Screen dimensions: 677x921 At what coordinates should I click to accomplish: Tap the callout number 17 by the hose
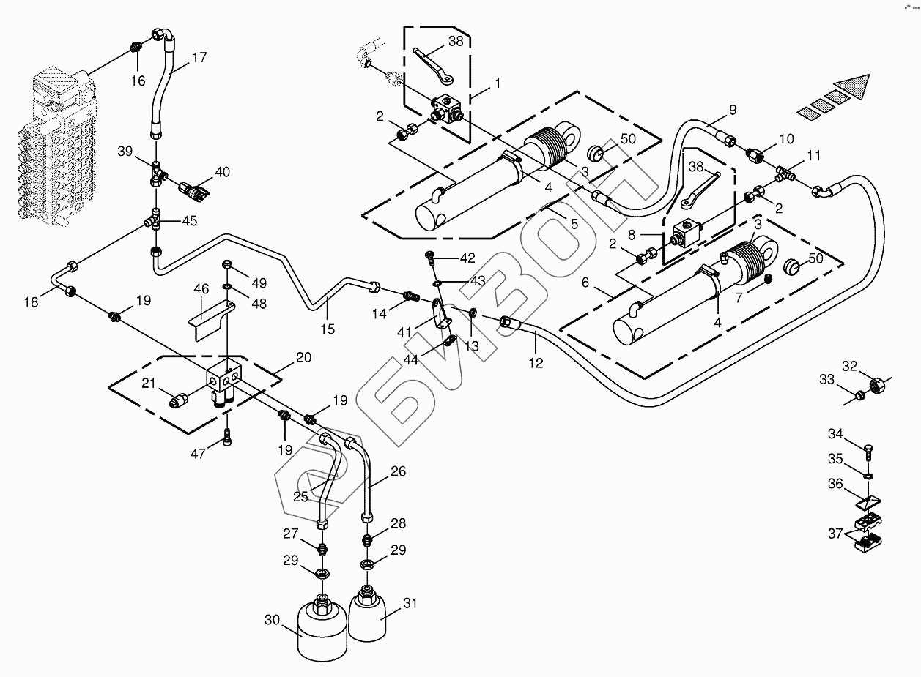click(199, 57)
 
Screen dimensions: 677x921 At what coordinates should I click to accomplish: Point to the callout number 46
click(201, 291)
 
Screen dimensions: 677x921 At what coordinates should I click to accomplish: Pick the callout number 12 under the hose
click(536, 362)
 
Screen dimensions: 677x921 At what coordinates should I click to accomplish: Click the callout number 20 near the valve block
click(303, 357)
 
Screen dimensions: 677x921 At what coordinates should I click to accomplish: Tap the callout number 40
click(222, 172)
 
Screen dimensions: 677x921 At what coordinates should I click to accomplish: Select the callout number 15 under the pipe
click(328, 329)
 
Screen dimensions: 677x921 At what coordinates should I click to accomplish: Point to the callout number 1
click(498, 83)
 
